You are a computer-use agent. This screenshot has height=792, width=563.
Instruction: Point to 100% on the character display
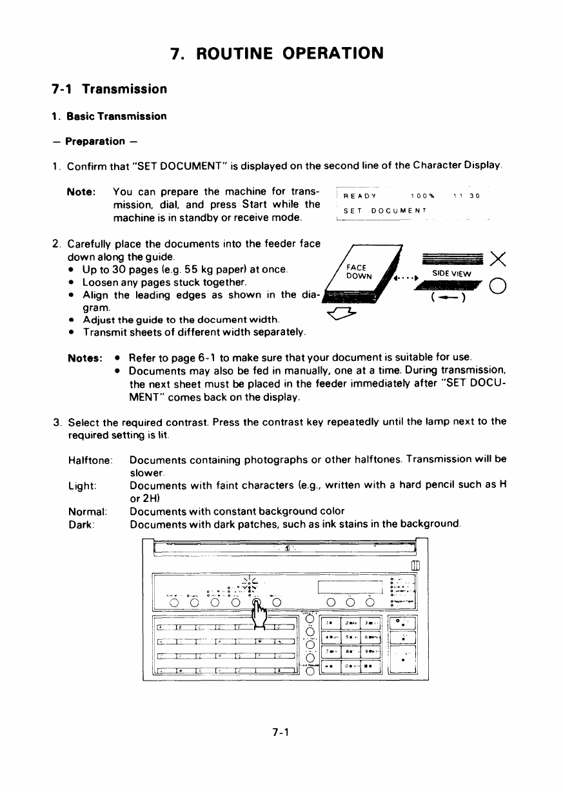423,197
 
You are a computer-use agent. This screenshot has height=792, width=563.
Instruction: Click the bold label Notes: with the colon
86,356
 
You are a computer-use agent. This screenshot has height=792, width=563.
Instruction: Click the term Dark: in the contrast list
83,525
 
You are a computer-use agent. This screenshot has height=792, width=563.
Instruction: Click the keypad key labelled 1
330,622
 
